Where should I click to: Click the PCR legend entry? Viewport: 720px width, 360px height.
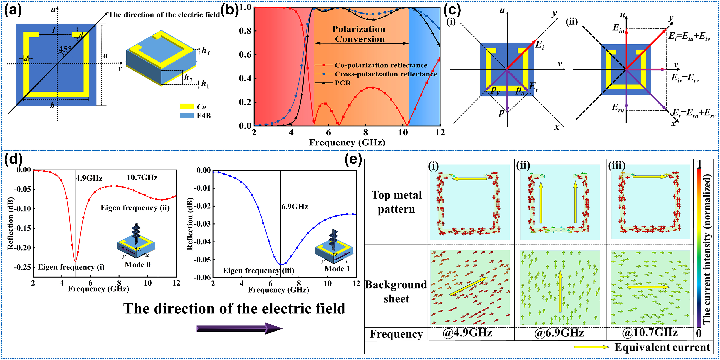[343, 83]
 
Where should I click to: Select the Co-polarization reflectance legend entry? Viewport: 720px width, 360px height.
[381, 65]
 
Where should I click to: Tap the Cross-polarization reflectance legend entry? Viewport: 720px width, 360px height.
[386, 74]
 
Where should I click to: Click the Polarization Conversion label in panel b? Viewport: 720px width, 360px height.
[359, 34]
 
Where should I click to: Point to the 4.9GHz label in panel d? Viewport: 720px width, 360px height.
[89, 178]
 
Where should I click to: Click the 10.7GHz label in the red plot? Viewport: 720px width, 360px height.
[142, 177]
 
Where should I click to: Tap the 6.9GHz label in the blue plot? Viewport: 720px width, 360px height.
[295, 207]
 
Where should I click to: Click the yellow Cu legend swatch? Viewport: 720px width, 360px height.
[186, 106]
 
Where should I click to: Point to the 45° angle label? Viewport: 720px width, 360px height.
[65, 49]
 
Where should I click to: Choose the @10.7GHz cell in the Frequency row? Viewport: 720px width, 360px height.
[650, 333]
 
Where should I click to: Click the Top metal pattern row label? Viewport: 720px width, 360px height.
[396, 202]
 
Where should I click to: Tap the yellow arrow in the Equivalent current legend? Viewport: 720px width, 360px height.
[591, 347]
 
